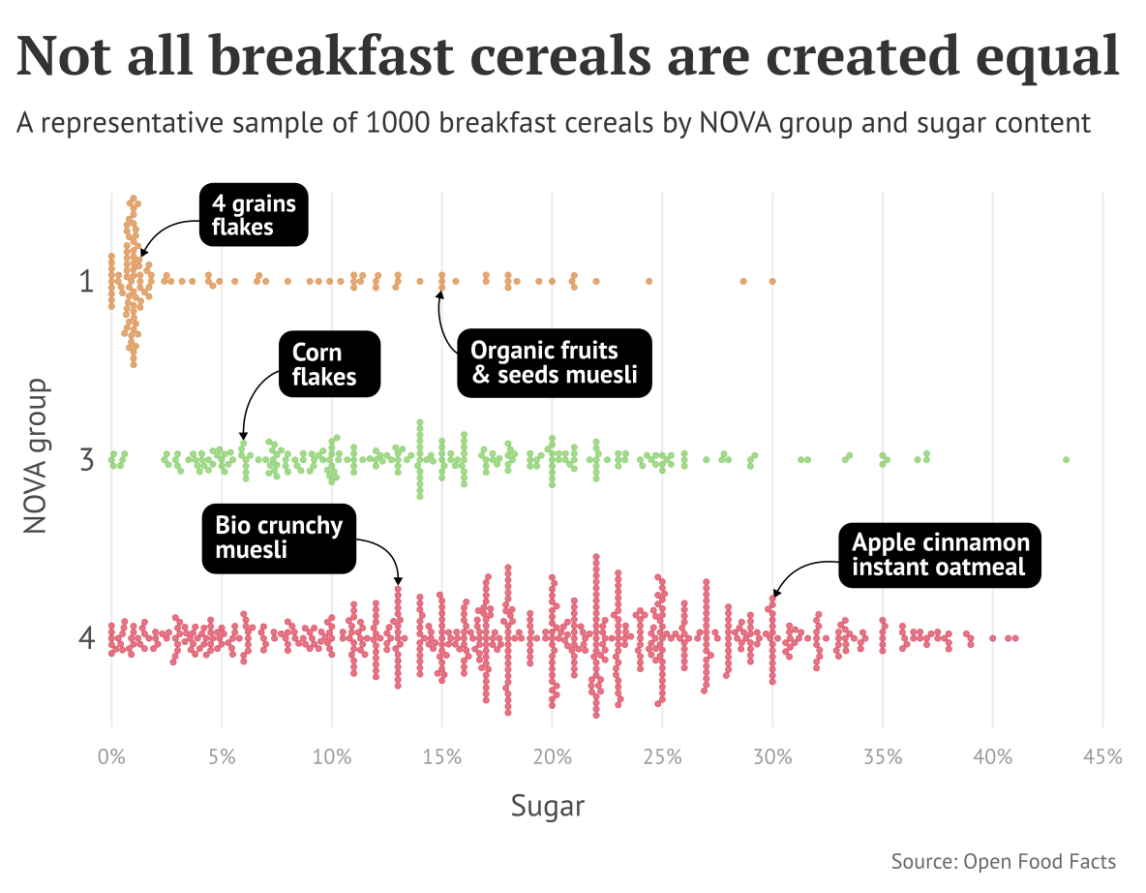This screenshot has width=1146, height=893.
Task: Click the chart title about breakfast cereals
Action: pyautogui.click(x=569, y=56)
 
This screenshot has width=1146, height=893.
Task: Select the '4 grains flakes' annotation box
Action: pyautogui.click(x=254, y=214)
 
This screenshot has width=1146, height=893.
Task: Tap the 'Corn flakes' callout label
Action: pyautogui.click(x=330, y=364)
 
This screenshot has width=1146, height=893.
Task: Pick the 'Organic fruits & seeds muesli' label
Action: pyautogui.click(x=555, y=362)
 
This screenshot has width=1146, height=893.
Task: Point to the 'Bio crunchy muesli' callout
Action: pyautogui.click(x=279, y=539)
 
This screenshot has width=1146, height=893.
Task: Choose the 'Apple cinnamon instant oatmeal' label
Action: pyautogui.click(x=940, y=555)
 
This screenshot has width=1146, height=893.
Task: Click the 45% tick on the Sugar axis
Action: pyautogui.click(x=1102, y=756)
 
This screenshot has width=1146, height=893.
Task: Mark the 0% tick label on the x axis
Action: pyautogui.click(x=111, y=756)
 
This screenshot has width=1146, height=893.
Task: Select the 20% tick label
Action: pyautogui.click(x=552, y=756)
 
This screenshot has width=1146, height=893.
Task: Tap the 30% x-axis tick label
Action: pyautogui.click(x=772, y=756)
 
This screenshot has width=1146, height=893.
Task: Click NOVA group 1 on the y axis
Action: pyautogui.click(x=86, y=282)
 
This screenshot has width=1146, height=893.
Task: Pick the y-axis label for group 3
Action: pyautogui.click(x=86, y=458)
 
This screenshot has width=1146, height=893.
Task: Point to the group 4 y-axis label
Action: pyautogui.click(x=86, y=638)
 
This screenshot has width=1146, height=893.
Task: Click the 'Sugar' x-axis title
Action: pyautogui.click(x=548, y=806)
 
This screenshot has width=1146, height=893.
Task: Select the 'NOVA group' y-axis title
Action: pyautogui.click(x=36, y=455)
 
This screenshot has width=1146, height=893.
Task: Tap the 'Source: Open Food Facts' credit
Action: pyautogui.click(x=1003, y=861)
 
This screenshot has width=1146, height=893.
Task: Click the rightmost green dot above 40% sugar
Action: pyautogui.click(x=1066, y=459)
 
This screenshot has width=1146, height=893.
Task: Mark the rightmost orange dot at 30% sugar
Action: pyautogui.click(x=772, y=281)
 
